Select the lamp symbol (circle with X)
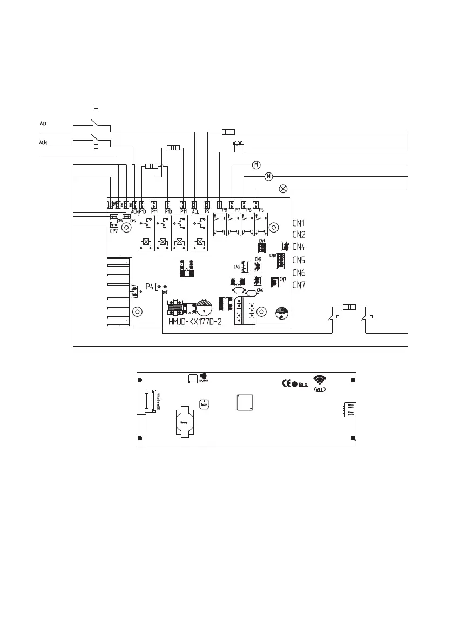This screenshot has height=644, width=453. point(282,189)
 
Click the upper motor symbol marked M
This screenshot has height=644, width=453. point(256,164)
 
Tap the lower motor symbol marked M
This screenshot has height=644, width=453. point(269,176)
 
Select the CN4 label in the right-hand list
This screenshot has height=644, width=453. point(299,247)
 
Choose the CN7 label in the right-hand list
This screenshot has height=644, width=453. point(299,285)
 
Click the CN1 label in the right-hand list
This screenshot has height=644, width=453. point(299,223)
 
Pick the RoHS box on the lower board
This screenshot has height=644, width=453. point(303,384)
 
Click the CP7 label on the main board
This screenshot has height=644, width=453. point(114,231)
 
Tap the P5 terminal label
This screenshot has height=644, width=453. point(261,210)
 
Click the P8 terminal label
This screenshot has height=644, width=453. point(224,210)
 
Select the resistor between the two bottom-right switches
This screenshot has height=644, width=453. point(349,307)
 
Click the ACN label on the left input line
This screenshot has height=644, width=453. point(43,142)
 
